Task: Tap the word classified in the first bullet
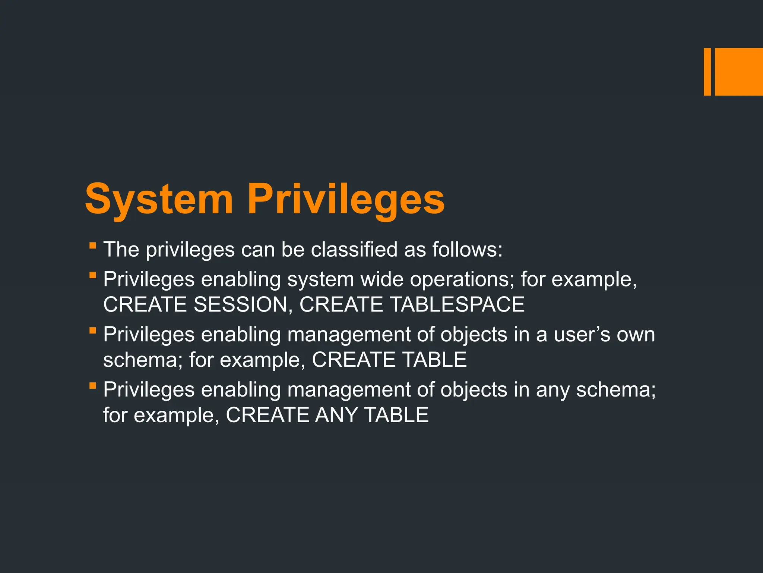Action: (354, 249)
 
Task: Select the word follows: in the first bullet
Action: (467, 249)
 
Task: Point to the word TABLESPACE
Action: (457, 304)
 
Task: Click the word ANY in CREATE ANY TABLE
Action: (336, 415)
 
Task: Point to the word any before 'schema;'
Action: (553, 389)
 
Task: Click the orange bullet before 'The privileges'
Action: (93, 245)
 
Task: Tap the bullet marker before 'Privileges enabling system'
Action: (93, 275)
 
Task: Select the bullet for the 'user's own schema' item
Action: (93, 331)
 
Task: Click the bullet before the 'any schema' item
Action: (93, 386)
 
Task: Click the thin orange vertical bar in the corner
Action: (707, 72)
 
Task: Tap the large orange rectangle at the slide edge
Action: (739, 72)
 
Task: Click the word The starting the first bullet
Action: (121, 249)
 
